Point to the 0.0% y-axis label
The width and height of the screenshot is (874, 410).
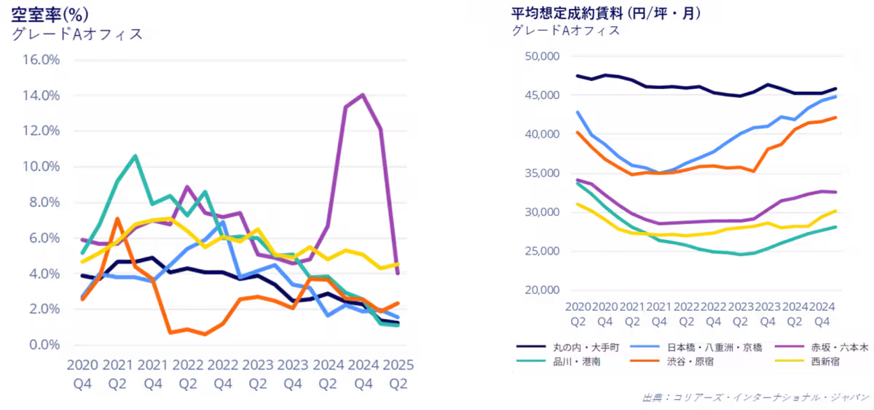[x=44, y=344]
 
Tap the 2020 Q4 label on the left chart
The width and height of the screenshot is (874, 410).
[x=82, y=372]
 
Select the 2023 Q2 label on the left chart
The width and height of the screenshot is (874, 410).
[x=257, y=372]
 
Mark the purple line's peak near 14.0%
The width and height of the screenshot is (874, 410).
[x=362, y=94]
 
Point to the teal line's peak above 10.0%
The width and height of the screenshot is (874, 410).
[x=135, y=155]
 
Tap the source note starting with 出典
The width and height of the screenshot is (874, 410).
[x=756, y=398]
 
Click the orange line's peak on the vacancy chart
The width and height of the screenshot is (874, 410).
[x=117, y=218]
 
